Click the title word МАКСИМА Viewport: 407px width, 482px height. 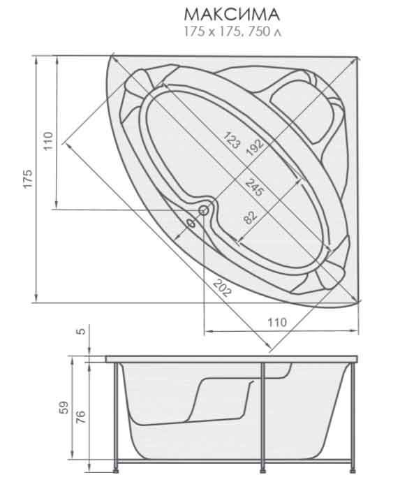(232, 15)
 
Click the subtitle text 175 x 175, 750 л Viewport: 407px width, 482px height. (232, 31)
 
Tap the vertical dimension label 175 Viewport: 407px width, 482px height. (28, 179)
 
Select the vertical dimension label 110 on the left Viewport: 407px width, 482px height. (48, 141)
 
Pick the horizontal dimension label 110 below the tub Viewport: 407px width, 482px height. (277, 322)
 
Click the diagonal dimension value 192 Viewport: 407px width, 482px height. (255, 147)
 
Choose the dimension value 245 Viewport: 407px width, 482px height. (254, 187)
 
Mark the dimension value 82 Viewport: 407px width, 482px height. (251, 217)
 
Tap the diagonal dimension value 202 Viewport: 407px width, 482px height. (222, 288)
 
